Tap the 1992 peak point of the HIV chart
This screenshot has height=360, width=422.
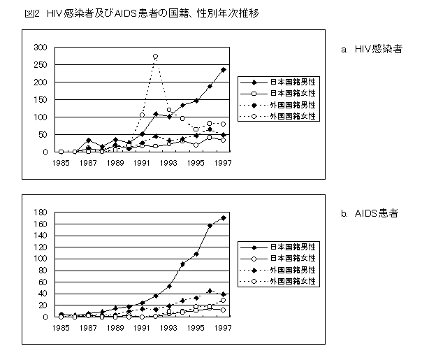tap(155, 57)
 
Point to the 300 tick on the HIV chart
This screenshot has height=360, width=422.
tap(42, 48)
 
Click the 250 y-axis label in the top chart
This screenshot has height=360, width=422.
tap(42, 65)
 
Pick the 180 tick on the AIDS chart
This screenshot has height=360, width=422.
tap(42, 213)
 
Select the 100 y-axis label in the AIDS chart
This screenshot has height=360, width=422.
tap(42, 259)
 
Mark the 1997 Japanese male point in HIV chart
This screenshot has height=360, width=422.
tap(224, 70)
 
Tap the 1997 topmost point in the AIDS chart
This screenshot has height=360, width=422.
tap(224, 218)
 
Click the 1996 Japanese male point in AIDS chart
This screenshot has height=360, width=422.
tap(210, 226)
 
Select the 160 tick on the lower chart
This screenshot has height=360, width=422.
tap(42, 224)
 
